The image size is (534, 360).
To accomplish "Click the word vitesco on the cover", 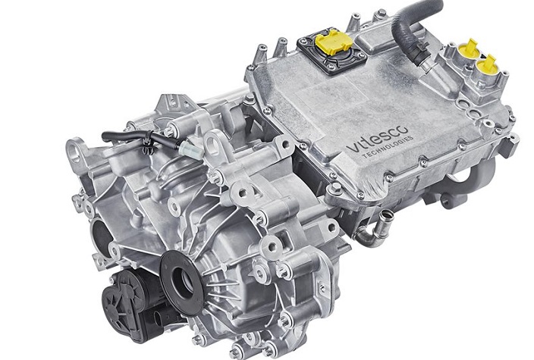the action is click(x=377, y=139).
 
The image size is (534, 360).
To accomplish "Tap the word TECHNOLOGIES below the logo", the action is click(x=388, y=147).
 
